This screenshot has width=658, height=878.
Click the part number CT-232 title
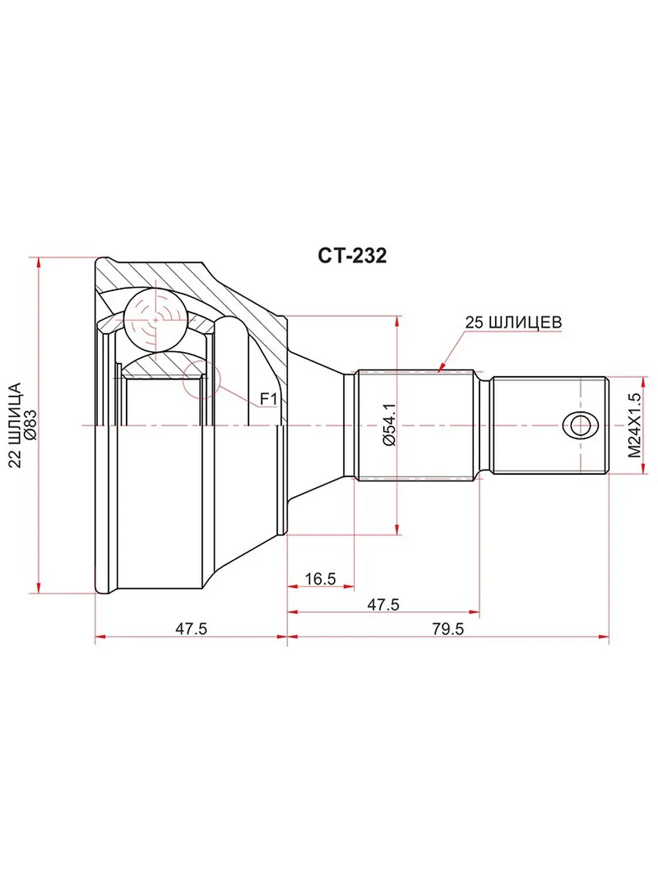pyautogui.click(x=352, y=255)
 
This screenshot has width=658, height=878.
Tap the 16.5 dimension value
pyautogui.click(x=320, y=579)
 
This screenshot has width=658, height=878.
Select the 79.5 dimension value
pyautogui.click(x=447, y=629)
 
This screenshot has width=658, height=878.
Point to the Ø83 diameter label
pyautogui.click(x=31, y=425)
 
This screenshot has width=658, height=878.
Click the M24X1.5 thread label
pyautogui.click(x=634, y=425)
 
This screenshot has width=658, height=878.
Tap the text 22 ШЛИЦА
pyautogui.click(x=15, y=425)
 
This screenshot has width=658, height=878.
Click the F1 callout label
pyautogui.click(x=268, y=399)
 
